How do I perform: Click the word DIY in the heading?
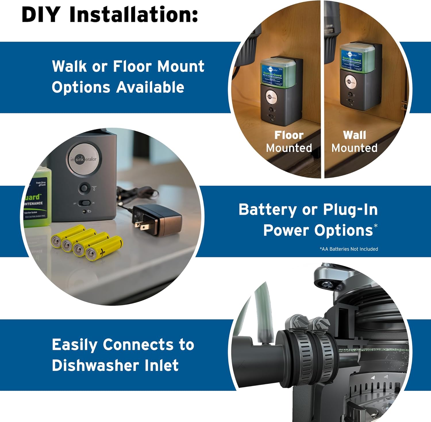tap(41, 14)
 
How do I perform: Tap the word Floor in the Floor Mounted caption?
tap(289, 135)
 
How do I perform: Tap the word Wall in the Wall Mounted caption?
tap(354, 135)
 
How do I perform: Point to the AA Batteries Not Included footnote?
tap(349, 249)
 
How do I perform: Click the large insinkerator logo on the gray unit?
tap(83, 159)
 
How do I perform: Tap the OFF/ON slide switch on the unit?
tap(84, 203)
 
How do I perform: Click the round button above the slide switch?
tap(84, 188)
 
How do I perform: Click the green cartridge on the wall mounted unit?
tap(357, 57)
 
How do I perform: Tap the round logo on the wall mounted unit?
tap(351, 82)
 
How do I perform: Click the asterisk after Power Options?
tap(376, 226)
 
